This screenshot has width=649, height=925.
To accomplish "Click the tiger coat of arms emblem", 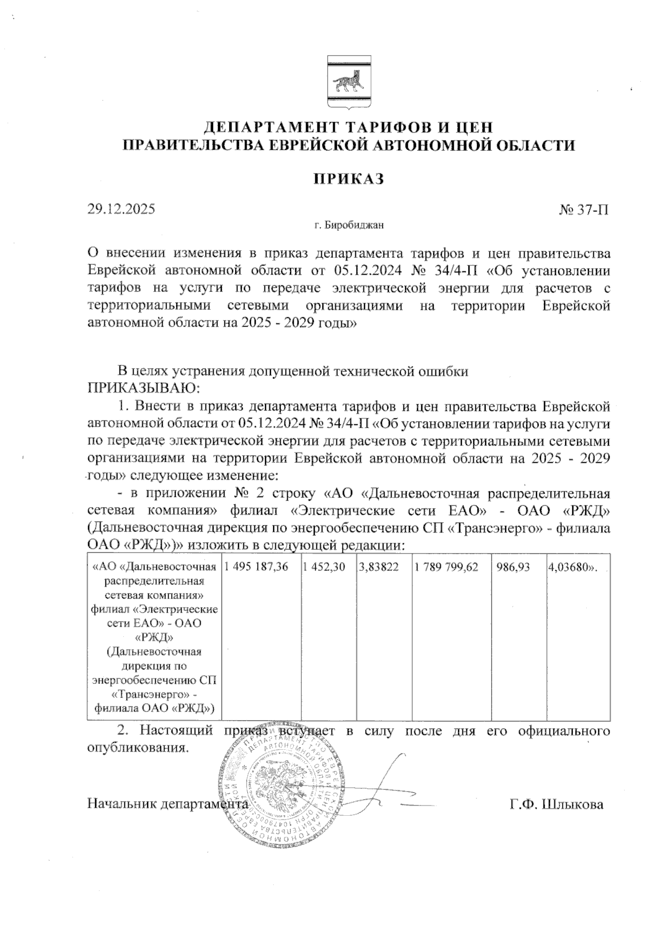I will [349, 83].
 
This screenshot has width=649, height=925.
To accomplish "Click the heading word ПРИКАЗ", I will [349, 179].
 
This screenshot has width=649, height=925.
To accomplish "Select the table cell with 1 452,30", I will [324, 567].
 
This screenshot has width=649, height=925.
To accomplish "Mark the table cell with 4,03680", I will [572, 567].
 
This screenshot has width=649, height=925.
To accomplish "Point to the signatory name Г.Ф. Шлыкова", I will [557, 804].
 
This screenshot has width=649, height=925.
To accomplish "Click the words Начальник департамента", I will [165, 804].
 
